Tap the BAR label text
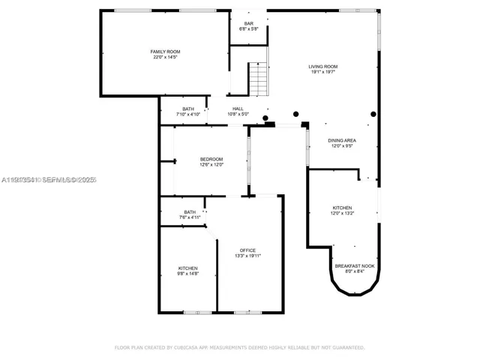[x=247, y=23]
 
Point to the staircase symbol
[x=257, y=79]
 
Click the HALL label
[x=238, y=109]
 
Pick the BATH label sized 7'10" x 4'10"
[x=188, y=109]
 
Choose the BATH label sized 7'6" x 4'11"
[x=190, y=212]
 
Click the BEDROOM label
[x=211, y=158]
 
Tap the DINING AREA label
[x=342, y=140]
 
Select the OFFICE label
[x=247, y=250]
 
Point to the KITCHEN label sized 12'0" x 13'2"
[x=342, y=208]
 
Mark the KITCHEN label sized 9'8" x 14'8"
[x=187, y=268]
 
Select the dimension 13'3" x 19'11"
[x=247, y=256]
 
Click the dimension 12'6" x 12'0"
[x=211, y=164]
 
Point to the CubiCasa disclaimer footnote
[x=239, y=348]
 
